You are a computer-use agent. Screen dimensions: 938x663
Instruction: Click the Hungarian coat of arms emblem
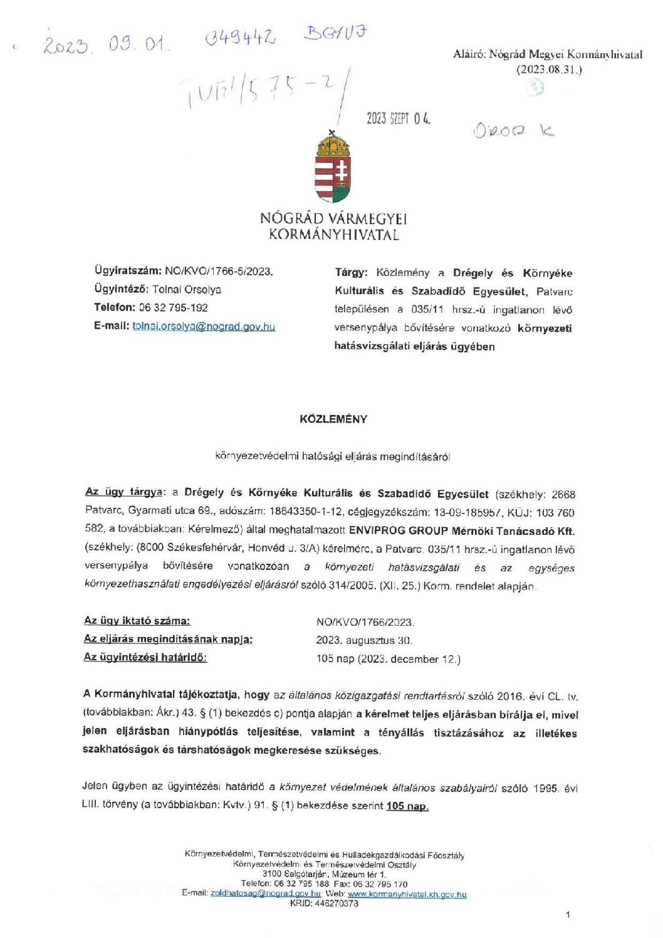tap(332, 167)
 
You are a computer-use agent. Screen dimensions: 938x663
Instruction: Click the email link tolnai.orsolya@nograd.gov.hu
tap(204, 326)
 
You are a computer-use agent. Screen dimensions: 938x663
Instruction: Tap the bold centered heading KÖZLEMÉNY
tap(333, 419)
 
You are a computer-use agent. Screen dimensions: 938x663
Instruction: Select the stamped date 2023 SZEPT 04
tap(399, 119)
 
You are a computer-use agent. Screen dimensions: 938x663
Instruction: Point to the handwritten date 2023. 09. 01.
tap(105, 45)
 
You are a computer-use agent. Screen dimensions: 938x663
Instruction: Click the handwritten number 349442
tap(240, 38)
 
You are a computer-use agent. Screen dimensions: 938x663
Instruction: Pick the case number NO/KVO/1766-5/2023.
tap(219, 271)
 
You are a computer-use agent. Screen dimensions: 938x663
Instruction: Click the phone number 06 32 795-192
tap(174, 307)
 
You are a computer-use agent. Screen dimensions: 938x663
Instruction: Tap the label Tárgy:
tap(351, 272)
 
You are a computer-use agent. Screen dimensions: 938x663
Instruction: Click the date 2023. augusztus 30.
tap(364, 640)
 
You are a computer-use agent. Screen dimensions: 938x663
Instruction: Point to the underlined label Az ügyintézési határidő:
tap(145, 657)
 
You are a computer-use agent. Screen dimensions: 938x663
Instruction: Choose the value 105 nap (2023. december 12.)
tap(389, 659)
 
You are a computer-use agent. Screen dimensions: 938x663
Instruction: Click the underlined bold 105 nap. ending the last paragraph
tap(407, 806)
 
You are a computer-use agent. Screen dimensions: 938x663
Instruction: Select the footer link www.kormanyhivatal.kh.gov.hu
tap(407, 894)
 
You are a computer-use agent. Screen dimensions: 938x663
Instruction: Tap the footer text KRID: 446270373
tap(324, 904)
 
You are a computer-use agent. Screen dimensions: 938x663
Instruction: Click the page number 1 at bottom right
tap(568, 915)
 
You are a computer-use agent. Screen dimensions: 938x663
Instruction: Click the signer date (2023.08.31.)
tap(549, 70)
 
